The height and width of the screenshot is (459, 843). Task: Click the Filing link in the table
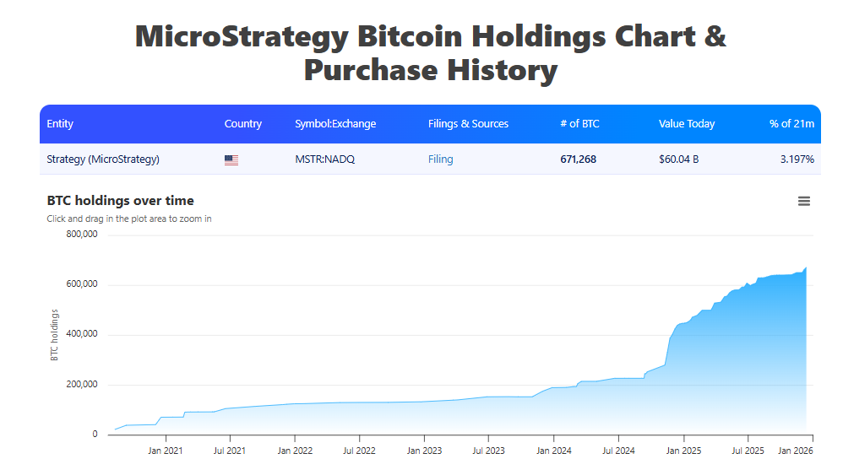click(x=440, y=159)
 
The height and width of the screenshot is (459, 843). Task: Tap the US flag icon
click(x=231, y=159)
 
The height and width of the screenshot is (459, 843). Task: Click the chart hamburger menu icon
click(x=803, y=201)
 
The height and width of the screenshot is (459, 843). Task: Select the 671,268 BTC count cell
click(x=578, y=159)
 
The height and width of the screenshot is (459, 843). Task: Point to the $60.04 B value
click(x=678, y=159)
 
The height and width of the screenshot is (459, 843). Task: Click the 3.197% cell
click(x=797, y=159)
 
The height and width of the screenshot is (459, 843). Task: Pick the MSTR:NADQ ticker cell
click(x=324, y=159)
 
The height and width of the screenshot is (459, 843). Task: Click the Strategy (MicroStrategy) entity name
click(x=103, y=159)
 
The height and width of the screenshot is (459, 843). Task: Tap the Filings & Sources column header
click(x=468, y=124)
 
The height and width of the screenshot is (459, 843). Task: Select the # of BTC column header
click(x=579, y=124)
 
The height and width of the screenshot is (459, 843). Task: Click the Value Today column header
click(x=686, y=124)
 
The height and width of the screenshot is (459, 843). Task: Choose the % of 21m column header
click(x=791, y=124)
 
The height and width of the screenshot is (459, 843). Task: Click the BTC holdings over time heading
click(x=120, y=201)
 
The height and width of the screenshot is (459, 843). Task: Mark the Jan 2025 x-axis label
click(x=683, y=450)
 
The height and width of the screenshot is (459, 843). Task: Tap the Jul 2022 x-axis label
click(x=359, y=450)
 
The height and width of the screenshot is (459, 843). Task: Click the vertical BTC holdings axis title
click(x=55, y=335)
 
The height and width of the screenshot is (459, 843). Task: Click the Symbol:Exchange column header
click(x=334, y=124)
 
